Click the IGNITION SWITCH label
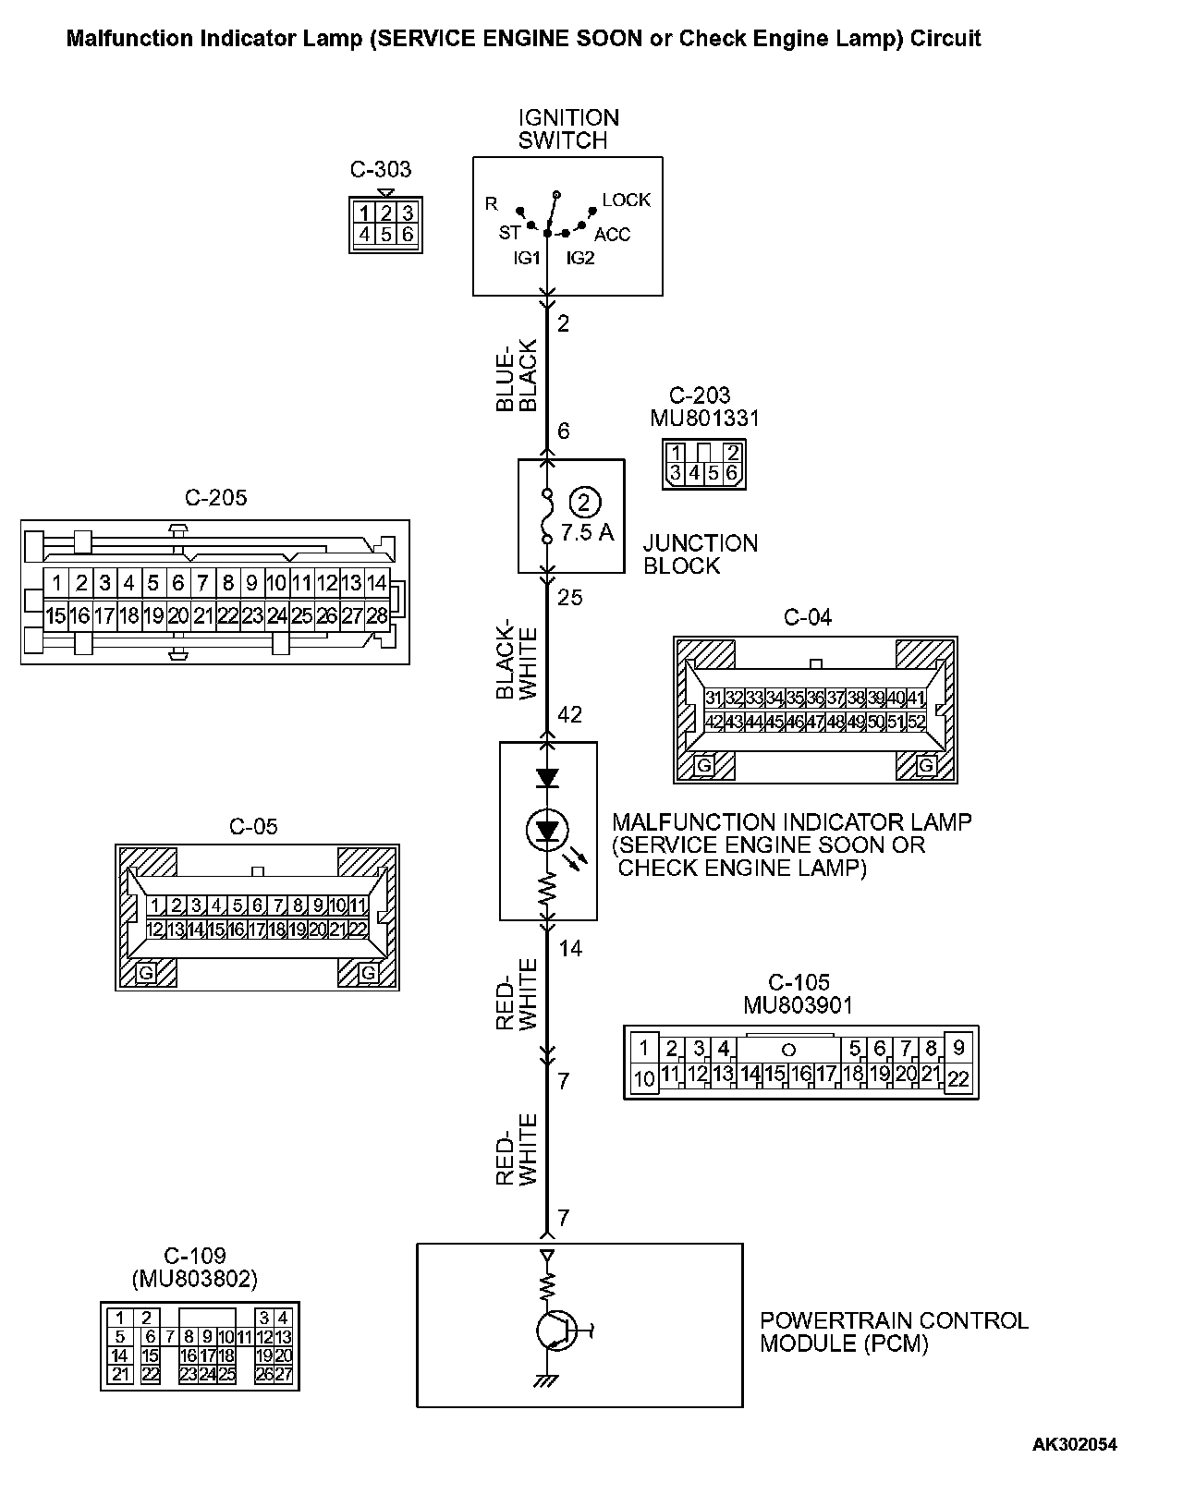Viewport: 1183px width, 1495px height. click(x=568, y=129)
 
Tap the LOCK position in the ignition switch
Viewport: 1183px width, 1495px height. click(x=626, y=201)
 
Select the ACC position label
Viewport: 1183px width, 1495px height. click(x=612, y=235)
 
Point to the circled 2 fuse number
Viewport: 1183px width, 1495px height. click(x=585, y=503)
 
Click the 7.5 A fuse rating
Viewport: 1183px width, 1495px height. click(x=587, y=533)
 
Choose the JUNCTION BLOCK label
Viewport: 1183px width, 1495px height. click(x=700, y=554)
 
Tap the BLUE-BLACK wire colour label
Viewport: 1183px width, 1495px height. click(x=517, y=376)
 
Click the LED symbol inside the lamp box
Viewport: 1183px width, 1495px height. click(x=548, y=831)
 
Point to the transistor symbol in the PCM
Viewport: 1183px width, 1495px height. click(x=554, y=1331)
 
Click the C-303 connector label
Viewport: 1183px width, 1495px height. click(x=380, y=170)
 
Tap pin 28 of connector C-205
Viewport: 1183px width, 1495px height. click(x=376, y=615)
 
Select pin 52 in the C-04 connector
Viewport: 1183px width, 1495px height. click(x=915, y=722)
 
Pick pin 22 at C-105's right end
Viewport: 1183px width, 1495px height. click(x=958, y=1077)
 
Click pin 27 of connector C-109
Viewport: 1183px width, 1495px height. click(x=284, y=1374)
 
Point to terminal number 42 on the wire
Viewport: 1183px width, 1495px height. click(x=570, y=714)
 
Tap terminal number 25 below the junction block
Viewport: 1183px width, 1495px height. click(x=570, y=598)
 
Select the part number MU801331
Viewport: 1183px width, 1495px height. click(x=704, y=419)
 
